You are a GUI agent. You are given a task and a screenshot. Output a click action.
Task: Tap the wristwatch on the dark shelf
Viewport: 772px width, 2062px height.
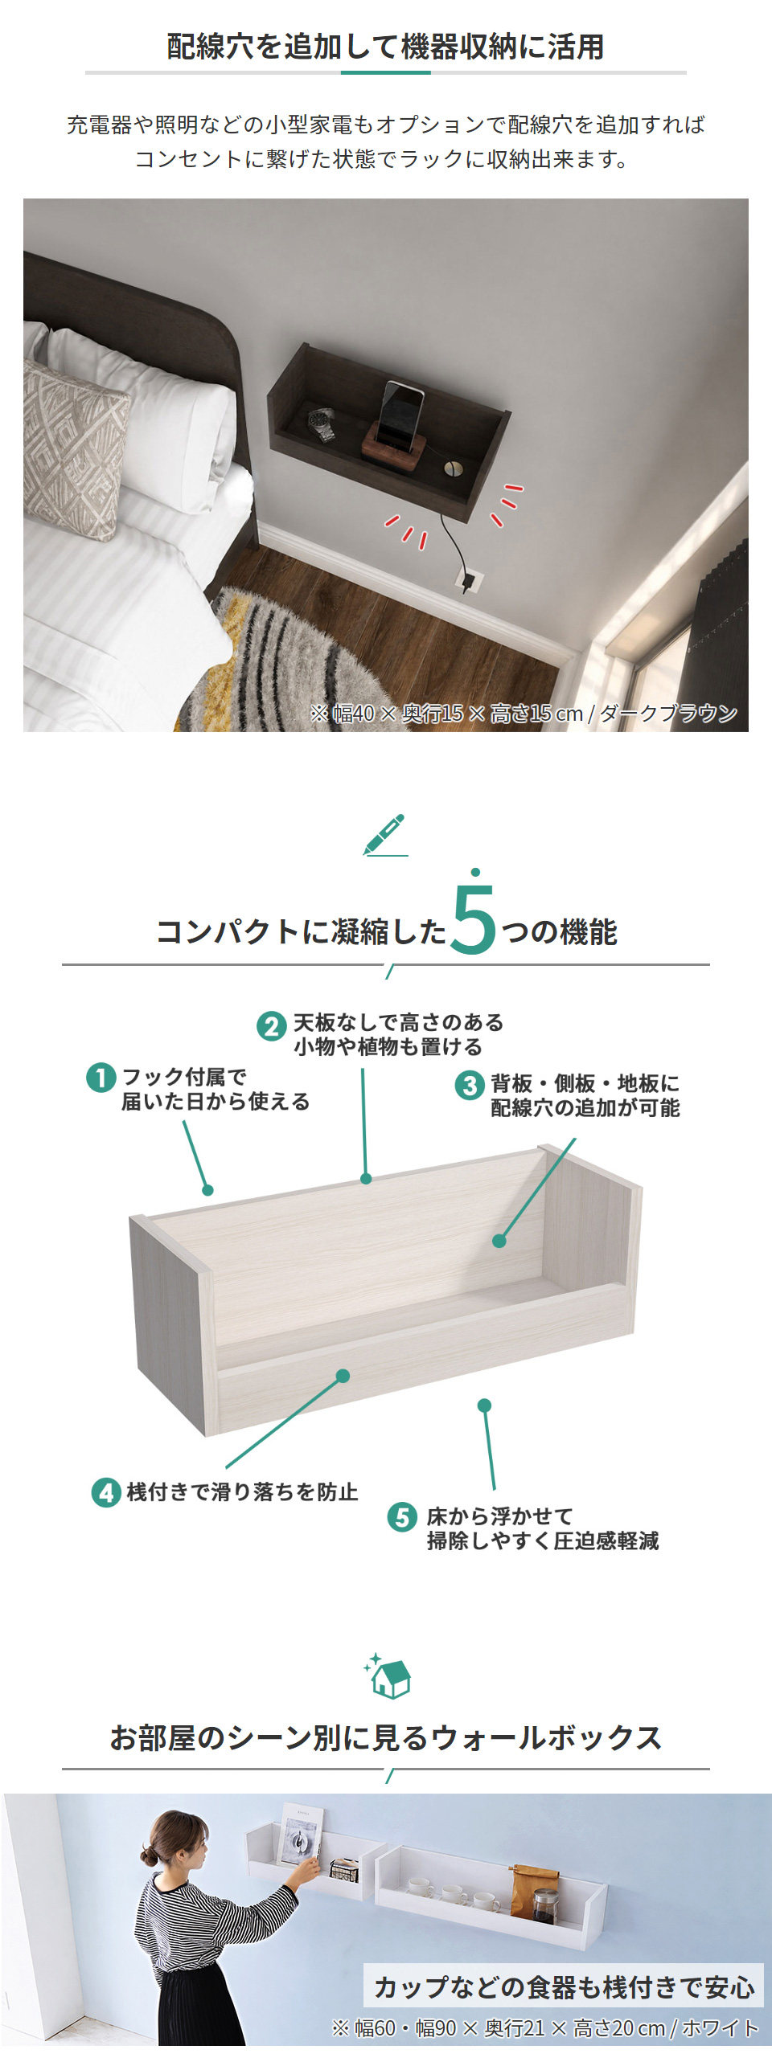click(322, 424)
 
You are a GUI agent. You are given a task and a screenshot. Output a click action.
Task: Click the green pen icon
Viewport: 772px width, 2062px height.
click(385, 835)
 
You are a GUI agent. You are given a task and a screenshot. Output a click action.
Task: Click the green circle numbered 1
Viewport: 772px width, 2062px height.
click(101, 1077)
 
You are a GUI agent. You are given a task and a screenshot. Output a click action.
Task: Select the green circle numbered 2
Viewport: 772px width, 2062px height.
click(272, 1026)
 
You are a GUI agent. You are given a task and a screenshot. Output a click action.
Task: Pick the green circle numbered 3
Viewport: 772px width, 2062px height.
click(470, 1085)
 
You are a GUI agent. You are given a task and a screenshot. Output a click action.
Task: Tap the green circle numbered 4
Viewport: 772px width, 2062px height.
click(106, 1492)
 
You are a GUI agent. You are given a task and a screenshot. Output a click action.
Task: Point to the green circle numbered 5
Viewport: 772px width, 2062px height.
click(402, 1517)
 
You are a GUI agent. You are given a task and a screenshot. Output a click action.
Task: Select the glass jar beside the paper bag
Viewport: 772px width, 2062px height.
click(545, 1905)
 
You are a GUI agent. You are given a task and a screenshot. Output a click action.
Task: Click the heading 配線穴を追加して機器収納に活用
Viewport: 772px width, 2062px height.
click(386, 47)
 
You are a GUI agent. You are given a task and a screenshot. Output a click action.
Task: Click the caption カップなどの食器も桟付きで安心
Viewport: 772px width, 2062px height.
click(565, 1986)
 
